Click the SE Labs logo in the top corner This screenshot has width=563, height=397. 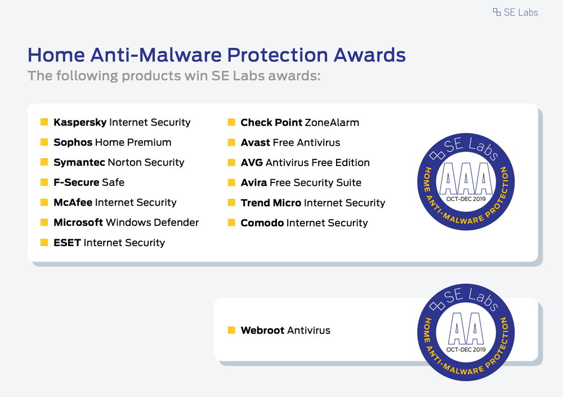(515, 12)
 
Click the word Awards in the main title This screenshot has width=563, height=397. (369, 55)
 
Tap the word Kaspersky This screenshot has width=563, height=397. (80, 123)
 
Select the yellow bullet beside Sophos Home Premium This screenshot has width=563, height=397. (44, 142)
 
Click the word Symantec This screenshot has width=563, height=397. (79, 162)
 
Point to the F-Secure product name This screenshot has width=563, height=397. (77, 182)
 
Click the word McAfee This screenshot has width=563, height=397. (73, 202)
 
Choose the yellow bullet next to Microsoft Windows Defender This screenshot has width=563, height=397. (44, 222)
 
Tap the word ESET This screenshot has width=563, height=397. (67, 243)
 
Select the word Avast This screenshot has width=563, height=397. (255, 142)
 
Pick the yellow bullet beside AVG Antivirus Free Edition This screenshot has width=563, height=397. (231, 162)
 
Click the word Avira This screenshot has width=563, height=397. (254, 182)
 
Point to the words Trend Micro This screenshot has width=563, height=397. (271, 203)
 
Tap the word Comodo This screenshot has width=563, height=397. (262, 223)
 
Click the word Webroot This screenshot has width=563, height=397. (262, 330)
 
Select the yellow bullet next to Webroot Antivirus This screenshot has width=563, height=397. (231, 330)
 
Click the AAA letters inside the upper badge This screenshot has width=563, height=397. (466, 178)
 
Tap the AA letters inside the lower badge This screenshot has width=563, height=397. (466, 328)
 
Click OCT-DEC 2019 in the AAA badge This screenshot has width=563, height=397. (466, 199)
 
